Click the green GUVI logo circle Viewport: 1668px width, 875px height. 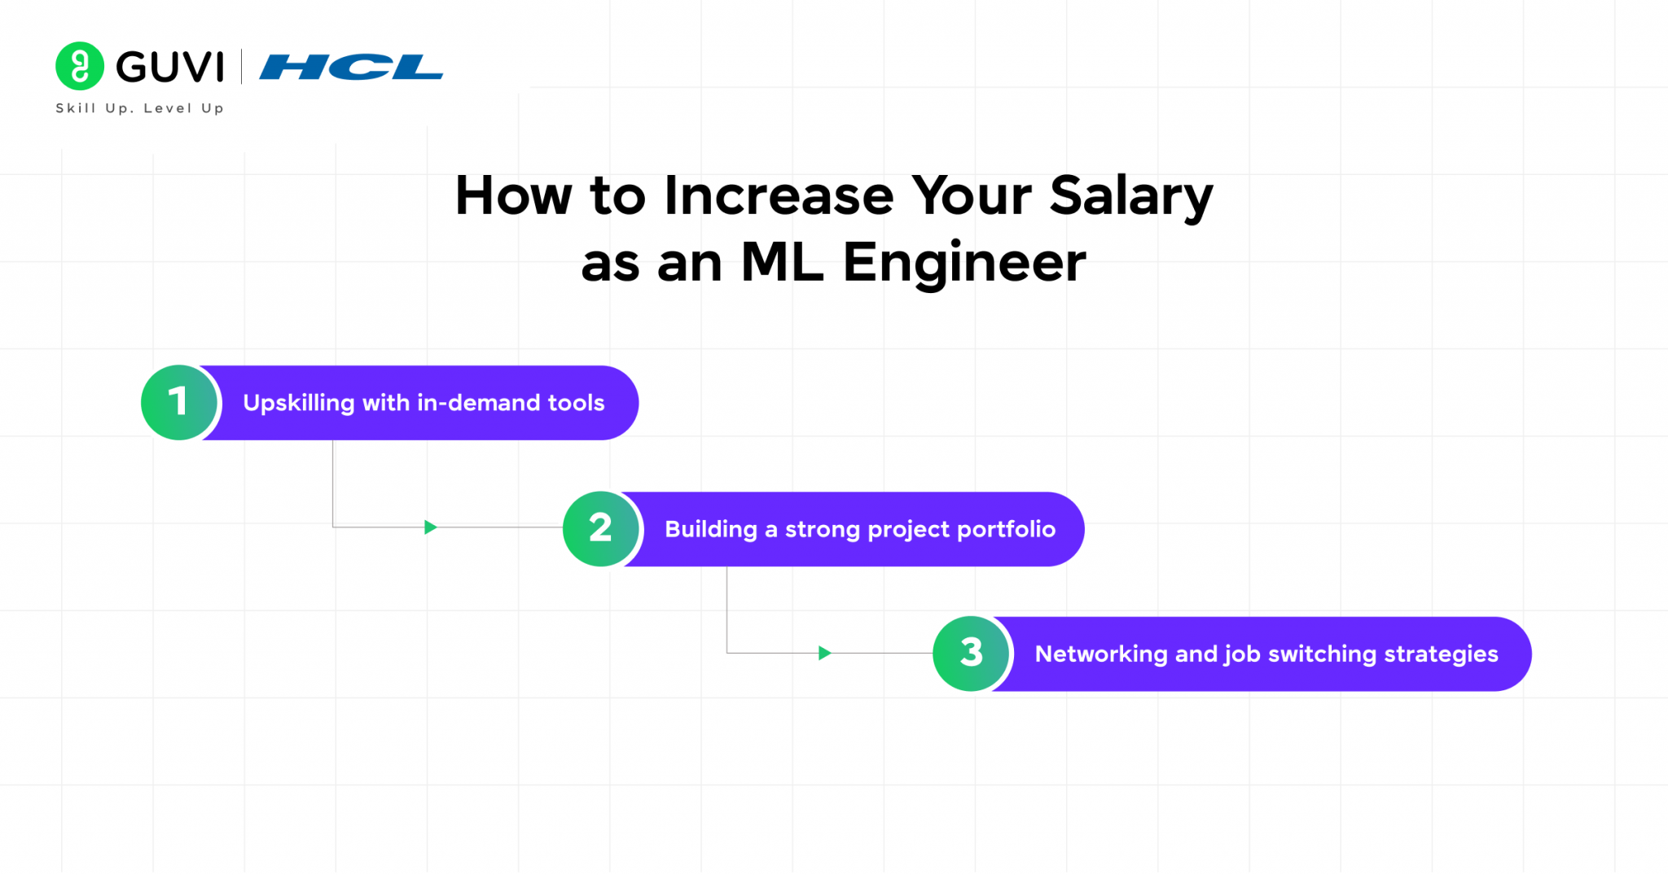coord(79,66)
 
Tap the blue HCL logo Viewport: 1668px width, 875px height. coord(351,67)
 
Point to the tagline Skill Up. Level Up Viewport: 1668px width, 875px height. coord(139,108)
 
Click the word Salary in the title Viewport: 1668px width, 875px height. coord(1130,196)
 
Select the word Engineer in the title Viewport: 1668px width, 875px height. coord(963,263)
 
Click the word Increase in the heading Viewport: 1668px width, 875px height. coord(779,196)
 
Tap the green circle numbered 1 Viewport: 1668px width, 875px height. coord(179,402)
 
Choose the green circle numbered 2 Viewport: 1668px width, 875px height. coord(601,528)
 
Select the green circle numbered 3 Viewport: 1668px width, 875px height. coord(971,653)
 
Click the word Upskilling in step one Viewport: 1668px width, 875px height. coord(298,403)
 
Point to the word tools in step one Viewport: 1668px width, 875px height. coord(576,403)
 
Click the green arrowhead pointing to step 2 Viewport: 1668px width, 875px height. coord(431,527)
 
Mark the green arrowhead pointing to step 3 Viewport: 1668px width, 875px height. coord(824,653)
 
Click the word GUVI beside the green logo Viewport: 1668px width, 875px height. coord(169,67)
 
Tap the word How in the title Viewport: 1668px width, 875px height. coord(513,196)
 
